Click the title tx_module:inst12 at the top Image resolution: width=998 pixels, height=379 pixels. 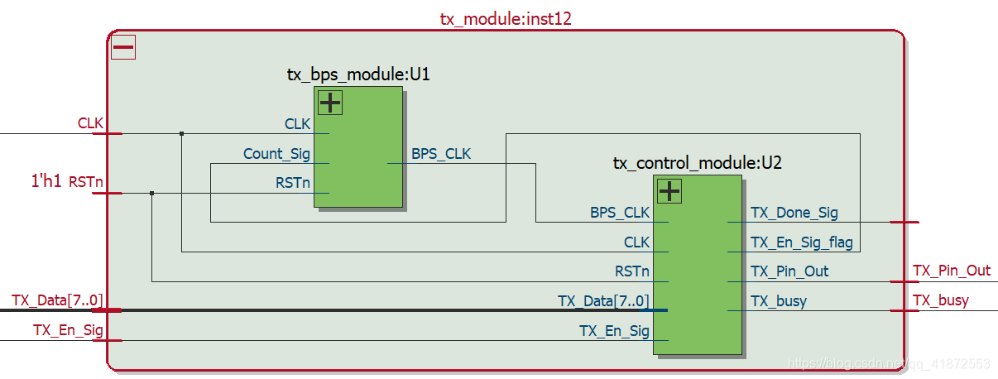click(x=505, y=18)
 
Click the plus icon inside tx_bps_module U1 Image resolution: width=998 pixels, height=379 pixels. click(x=330, y=103)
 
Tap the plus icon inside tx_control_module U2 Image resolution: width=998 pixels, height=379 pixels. click(x=669, y=192)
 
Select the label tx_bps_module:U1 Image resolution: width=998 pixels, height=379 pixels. click(x=358, y=74)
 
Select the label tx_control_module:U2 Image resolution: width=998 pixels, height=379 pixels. click(x=697, y=163)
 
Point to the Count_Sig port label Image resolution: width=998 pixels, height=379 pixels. click(x=276, y=154)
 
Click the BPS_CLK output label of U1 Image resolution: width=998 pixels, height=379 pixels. click(x=441, y=154)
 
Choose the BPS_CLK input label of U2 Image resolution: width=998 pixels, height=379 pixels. click(x=620, y=213)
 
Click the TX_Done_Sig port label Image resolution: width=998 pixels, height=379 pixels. click(x=794, y=213)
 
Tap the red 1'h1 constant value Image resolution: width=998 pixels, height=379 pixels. click(x=46, y=182)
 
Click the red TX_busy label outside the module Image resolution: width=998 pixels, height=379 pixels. click(x=940, y=300)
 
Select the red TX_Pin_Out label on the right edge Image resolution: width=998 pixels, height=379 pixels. click(x=951, y=271)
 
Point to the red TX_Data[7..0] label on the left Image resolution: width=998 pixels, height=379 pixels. click(x=58, y=300)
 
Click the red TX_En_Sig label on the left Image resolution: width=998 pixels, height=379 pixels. click(x=68, y=329)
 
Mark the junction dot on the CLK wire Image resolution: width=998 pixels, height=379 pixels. click(x=181, y=133)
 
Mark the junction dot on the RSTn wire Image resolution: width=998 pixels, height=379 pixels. click(x=151, y=194)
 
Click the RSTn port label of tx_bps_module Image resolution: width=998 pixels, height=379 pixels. click(x=293, y=183)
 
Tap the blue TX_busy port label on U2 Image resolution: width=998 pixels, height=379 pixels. click(x=778, y=301)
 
